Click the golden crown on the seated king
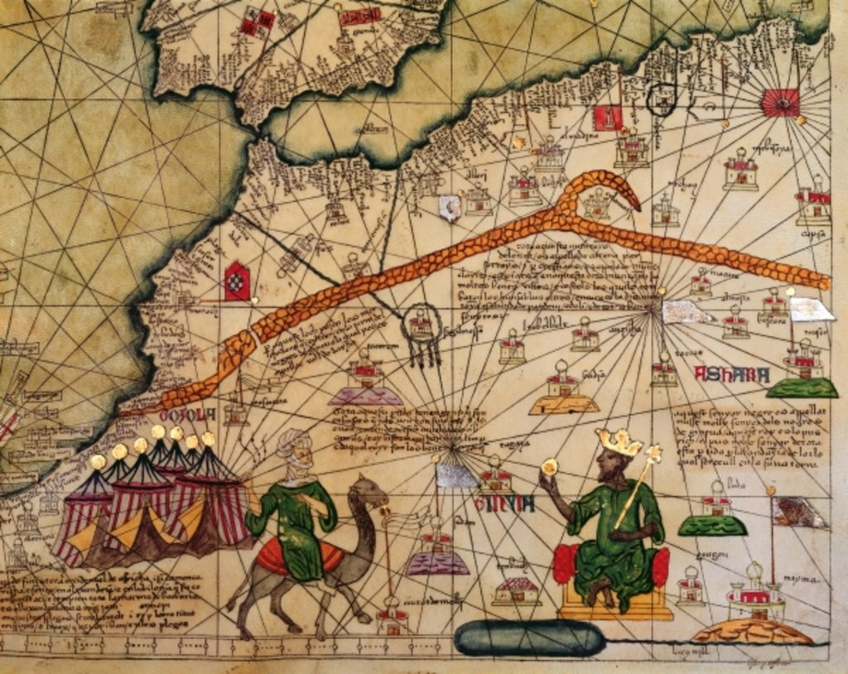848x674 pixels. pos(619,442)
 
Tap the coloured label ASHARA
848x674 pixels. pos(732,374)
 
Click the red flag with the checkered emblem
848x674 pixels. pos(237,281)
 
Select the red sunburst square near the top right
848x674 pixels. pos(780,102)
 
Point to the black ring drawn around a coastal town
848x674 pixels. pos(662,99)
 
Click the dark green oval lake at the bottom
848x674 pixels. pos(530,638)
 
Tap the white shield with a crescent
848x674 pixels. pos(450,207)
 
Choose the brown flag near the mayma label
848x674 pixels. pos(799,513)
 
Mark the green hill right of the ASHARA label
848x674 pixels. pos(802,387)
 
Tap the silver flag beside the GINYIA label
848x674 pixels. pos(456,475)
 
